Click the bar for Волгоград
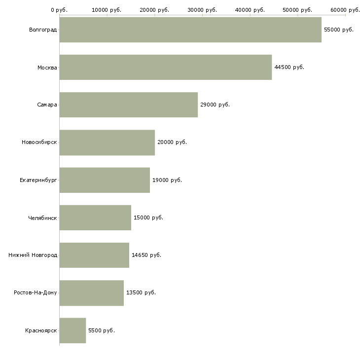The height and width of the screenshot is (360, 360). click(190, 30)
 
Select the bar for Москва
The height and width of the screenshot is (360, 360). click(165, 67)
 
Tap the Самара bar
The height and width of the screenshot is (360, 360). click(128, 105)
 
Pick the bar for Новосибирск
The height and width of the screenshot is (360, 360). click(107, 143)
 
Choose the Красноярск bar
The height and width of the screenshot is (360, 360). click(72, 330)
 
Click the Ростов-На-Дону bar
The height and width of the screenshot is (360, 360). click(91, 293)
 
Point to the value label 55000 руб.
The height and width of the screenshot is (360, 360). click(339, 30)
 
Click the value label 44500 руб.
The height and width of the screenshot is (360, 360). click(289, 67)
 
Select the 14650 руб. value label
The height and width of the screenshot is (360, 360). click(146, 255)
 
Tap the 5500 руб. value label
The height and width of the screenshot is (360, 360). click(102, 330)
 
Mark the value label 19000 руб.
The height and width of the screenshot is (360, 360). click(167, 180)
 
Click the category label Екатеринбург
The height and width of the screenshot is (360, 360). click(38, 180)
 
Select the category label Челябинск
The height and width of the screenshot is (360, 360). click(43, 217)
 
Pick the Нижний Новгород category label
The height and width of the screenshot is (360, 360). click(33, 255)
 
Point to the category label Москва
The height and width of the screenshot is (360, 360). click(47, 67)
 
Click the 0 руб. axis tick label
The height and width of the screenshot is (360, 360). click(59, 10)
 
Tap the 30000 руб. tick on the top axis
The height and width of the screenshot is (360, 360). click(202, 10)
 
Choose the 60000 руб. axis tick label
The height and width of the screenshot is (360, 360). click(345, 10)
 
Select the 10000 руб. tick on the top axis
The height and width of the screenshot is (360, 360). click(107, 10)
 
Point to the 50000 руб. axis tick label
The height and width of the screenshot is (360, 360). click(297, 10)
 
